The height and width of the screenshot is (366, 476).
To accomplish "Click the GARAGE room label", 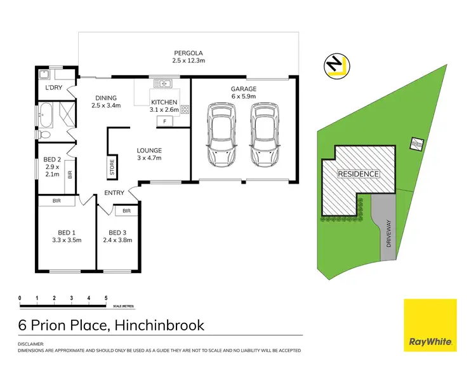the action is coord(243,90).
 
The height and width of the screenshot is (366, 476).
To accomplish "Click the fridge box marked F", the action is coord(164,121).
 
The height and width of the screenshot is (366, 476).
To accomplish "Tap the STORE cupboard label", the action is coord(112,166).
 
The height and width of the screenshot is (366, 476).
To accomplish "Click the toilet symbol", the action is coord(44,135).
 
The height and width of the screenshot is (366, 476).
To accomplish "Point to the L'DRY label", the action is coord(52,88).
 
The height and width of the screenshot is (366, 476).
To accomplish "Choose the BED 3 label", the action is coord(118,232).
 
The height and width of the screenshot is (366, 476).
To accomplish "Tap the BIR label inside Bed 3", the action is coord(126,210).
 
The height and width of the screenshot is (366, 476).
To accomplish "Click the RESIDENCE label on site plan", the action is coord(358,173).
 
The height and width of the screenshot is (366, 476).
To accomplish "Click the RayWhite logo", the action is coord(430,324).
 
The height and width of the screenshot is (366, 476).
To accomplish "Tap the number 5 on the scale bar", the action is coord(106,298).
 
